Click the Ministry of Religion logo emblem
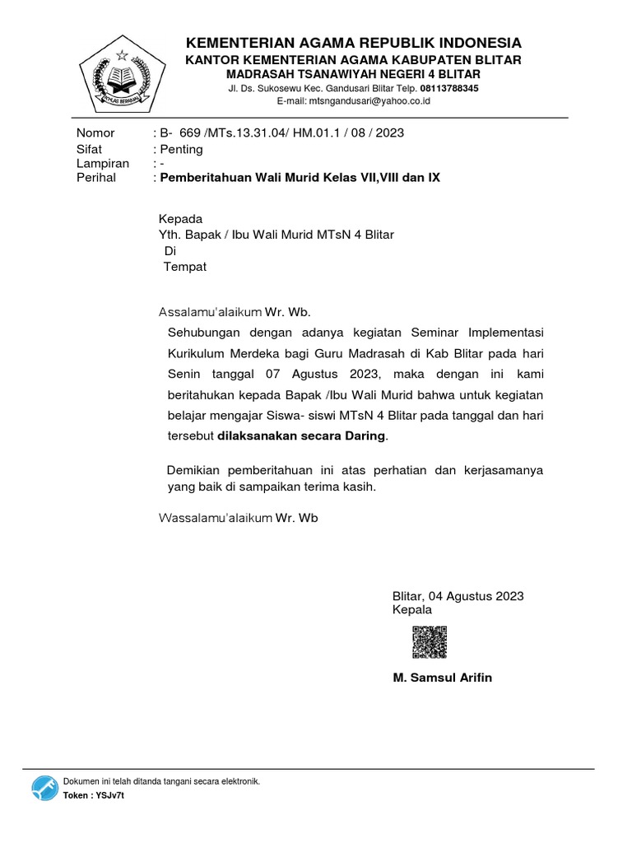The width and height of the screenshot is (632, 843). pyautogui.click(x=121, y=77)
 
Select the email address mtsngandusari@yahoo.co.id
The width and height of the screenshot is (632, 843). pyautogui.click(x=358, y=101)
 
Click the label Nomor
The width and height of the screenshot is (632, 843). pyautogui.click(x=95, y=133)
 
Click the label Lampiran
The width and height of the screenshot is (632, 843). pyautogui.click(x=103, y=163)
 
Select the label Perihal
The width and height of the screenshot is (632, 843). pyautogui.click(x=96, y=177)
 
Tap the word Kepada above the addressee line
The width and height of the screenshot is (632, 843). pyautogui.click(x=180, y=219)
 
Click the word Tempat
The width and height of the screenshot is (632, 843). pyautogui.click(x=185, y=267)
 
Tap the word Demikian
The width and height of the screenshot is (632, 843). pyautogui.click(x=196, y=470)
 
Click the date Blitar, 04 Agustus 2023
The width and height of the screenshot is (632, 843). pyautogui.click(x=458, y=596)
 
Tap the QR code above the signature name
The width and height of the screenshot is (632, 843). pyautogui.click(x=429, y=642)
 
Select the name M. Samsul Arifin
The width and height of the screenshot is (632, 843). pyautogui.click(x=443, y=678)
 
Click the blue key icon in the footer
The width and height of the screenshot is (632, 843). pyautogui.click(x=45, y=788)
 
